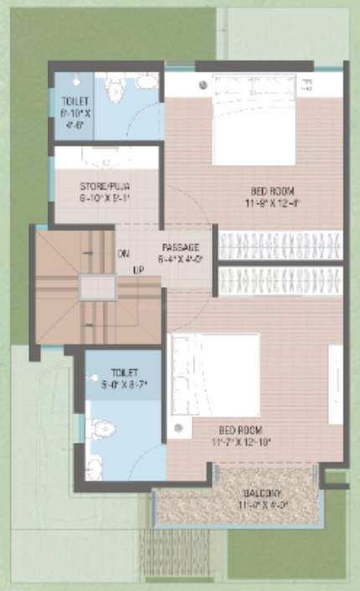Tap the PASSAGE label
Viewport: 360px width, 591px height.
(180, 247)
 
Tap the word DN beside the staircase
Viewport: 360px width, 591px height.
(123, 253)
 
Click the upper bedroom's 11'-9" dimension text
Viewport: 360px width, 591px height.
(252, 203)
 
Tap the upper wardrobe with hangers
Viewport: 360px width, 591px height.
(280, 245)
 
